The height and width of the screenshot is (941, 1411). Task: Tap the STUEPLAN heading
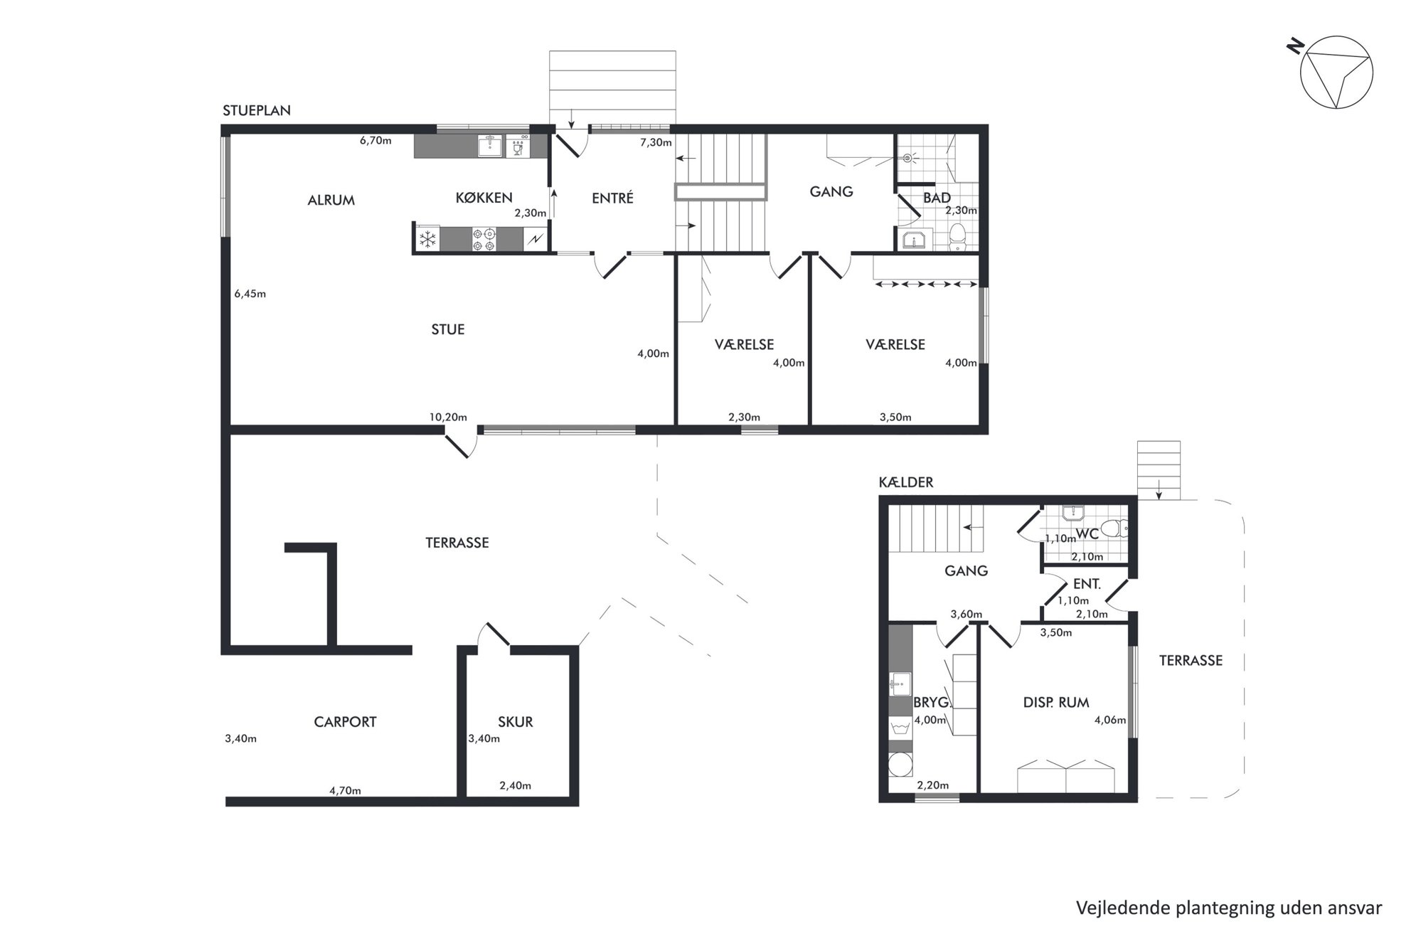[257, 111]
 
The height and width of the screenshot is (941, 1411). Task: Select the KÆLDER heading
[906, 482]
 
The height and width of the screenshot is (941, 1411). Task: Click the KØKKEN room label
[484, 198]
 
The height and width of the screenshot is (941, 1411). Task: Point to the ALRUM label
[331, 201]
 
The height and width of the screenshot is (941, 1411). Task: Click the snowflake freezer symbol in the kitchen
[427, 240]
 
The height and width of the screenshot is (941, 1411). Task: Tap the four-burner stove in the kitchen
[485, 239]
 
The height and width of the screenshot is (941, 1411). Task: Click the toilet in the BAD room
[958, 237]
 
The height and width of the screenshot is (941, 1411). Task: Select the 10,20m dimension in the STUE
[448, 417]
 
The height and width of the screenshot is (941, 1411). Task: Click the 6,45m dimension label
[250, 294]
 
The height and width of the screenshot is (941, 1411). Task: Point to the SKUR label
[516, 722]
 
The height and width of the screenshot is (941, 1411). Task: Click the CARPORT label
[345, 722]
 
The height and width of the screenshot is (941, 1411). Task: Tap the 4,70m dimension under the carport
[345, 790]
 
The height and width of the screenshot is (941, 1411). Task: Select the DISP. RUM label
[1056, 703]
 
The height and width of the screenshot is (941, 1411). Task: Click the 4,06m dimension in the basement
[1110, 720]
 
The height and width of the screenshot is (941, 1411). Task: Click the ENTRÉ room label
[612, 198]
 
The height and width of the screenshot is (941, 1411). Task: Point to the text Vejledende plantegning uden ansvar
[1229, 908]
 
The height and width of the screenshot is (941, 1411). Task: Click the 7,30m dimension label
[656, 142]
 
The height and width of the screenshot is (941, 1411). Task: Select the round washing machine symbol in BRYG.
[900, 765]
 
